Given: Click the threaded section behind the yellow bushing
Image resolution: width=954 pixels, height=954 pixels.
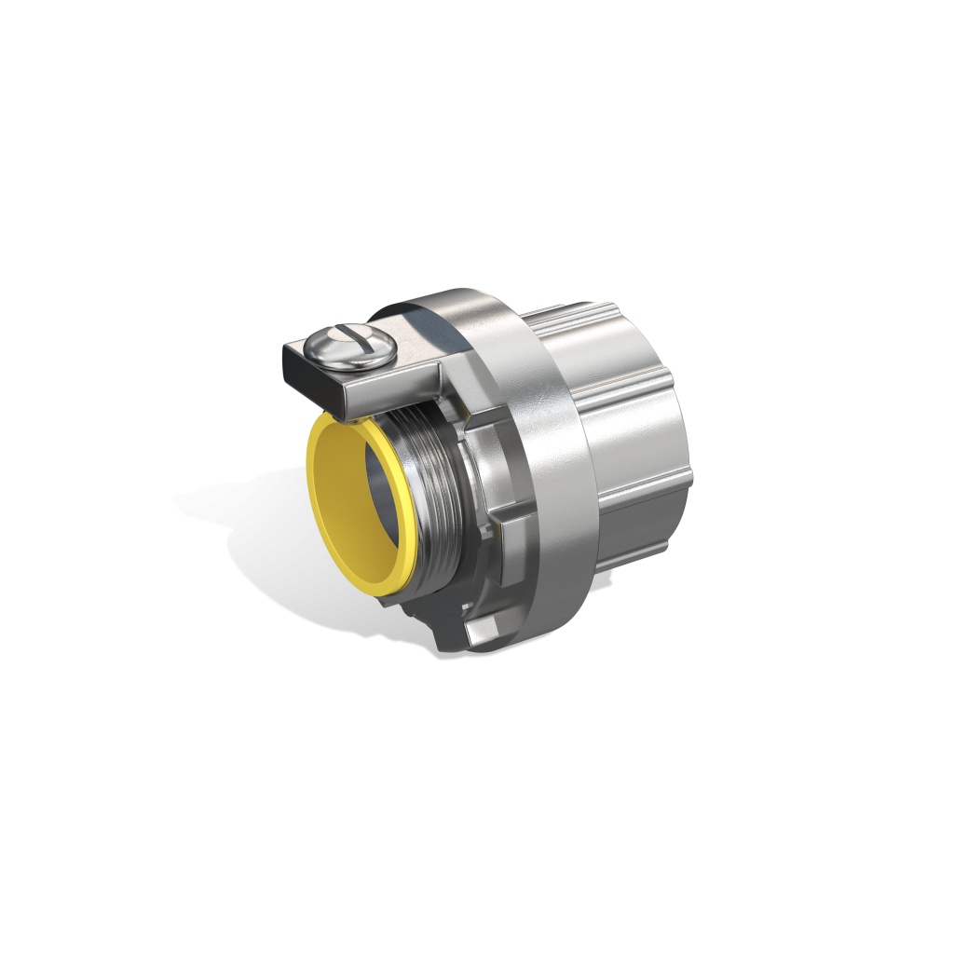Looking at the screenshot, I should click(434, 503).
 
